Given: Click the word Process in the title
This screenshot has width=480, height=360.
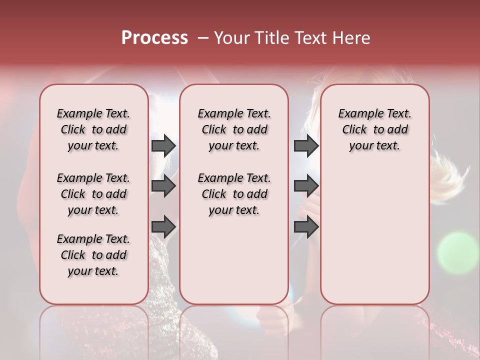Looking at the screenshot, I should pyautogui.click(x=154, y=38).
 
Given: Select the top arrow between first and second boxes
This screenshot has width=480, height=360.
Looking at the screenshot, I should pyautogui.click(x=163, y=145).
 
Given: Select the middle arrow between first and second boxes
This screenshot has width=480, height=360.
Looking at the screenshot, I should pyautogui.click(x=163, y=186).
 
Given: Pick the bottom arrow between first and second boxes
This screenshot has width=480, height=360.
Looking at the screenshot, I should pyautogui.click(x=163, y=226).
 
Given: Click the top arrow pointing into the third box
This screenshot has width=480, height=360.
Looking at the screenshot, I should pyautogui.click(x=306, y=145).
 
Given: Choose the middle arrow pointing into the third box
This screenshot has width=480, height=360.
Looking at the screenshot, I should pyautogui.click(x=306, y=186).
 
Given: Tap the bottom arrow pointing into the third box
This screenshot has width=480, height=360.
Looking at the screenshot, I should pyautogui.click(x=306, y=226).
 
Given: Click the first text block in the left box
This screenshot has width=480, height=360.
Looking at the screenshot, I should pyautogui.click(x=93, y=129).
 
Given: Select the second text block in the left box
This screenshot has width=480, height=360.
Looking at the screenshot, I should pyautogui.click(x=93, y=194).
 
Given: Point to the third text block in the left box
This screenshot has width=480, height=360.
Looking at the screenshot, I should pyautogui.click(x=93, y=255).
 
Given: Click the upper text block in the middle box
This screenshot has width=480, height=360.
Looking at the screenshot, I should pyautogui.click(x=234, y=129).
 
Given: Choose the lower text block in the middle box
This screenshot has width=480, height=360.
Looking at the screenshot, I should pyautogui.click(x=234, y=194).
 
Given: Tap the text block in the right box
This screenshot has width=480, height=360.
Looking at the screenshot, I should pyautogui.click(x=374, y=129).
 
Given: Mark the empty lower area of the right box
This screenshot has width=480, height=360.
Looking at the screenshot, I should pyautogui.click(x=374, y=235).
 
